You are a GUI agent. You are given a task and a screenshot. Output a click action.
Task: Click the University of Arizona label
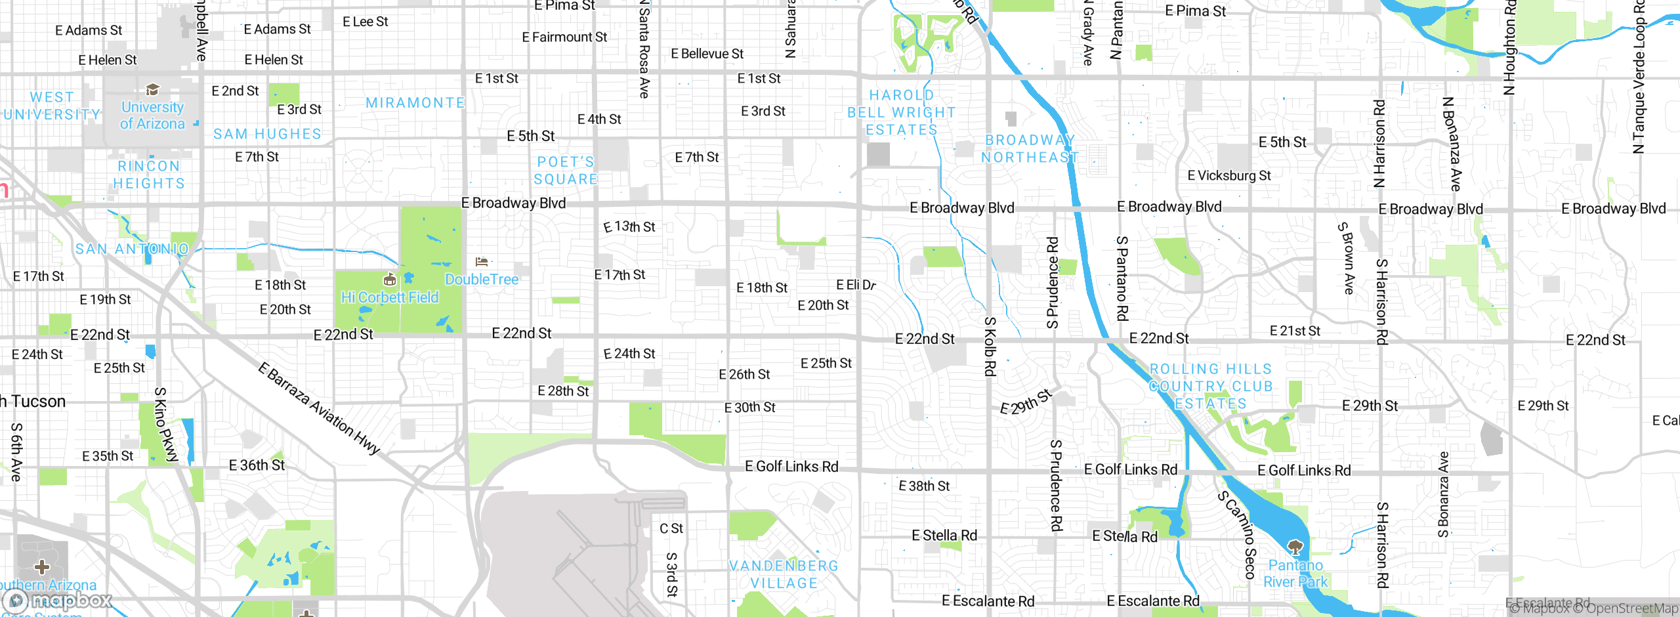click(152, 116)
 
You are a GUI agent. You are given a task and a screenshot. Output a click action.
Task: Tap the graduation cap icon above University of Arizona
click(152, 89)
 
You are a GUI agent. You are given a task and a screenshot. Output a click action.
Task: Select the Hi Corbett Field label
click(390, 297)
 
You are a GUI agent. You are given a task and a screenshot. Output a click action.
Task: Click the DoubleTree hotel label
click(482, 280)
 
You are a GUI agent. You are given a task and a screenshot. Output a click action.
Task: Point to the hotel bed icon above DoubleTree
click(482, 262)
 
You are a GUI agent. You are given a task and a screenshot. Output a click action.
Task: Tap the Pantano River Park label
click(1295, 573)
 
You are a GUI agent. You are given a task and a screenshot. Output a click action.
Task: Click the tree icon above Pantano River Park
click(1295, 546)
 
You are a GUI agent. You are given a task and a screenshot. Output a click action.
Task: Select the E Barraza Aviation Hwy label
click(319, 408)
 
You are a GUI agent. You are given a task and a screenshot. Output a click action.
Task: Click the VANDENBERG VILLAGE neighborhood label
click(784, 574)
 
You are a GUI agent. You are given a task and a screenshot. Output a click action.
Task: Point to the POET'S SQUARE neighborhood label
click(566, 171)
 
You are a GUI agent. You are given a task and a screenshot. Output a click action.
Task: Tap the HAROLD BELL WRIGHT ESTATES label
click(902, 112)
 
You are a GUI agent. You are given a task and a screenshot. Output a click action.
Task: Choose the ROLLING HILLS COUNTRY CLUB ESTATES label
click(1211, 386)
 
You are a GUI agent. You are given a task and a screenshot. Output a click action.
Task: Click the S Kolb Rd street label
click(990, 346)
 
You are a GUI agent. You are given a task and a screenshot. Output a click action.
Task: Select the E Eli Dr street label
click(856, 285)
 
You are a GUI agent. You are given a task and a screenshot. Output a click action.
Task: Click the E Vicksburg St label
click(1228, 176)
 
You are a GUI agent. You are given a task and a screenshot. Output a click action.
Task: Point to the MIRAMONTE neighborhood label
click(415, 103)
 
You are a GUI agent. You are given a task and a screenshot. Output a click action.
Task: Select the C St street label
click(671, 528)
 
